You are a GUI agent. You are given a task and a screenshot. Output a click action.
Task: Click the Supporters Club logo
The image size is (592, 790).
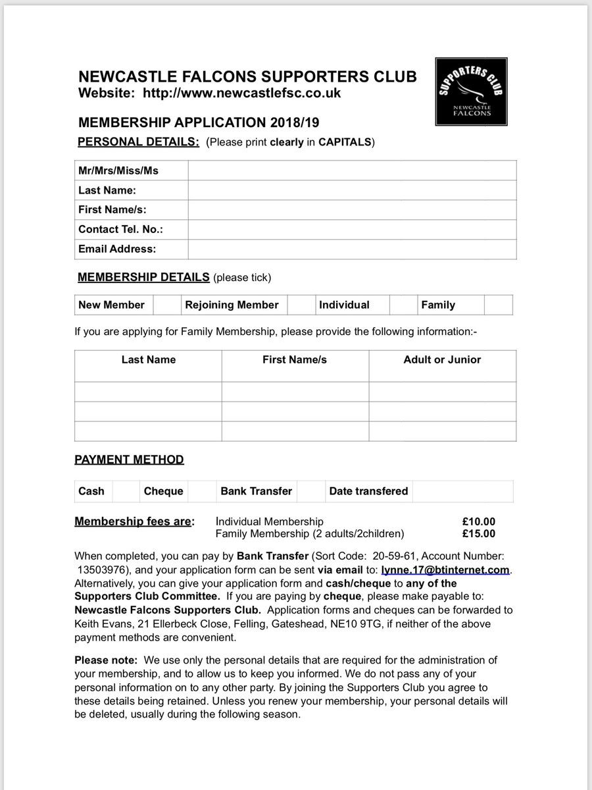coord(471,92)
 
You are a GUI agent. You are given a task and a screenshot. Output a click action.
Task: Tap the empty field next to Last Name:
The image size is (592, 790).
coord(352,190)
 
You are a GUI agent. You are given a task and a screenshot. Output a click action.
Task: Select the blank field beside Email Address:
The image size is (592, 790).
coord(352,249)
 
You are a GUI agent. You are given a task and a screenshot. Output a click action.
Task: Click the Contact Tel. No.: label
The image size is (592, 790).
coord(120,229)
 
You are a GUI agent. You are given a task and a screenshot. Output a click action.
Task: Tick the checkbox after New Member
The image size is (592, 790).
coord(166,305)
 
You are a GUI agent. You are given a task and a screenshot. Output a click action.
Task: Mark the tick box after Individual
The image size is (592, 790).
coord(401,305)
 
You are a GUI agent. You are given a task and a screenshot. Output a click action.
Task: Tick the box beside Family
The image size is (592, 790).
coord(498,305)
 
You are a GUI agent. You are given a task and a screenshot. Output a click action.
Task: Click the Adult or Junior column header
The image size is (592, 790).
coord(442,359)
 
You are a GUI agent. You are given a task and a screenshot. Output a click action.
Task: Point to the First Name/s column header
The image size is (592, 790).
coord(295,359)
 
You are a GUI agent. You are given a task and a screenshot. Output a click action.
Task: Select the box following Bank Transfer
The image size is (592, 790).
coord(311,491)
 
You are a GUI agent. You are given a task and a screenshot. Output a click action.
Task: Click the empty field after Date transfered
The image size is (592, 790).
coord(463,491)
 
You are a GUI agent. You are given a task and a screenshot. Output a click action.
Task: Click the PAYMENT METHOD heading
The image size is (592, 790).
coord(129,460)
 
